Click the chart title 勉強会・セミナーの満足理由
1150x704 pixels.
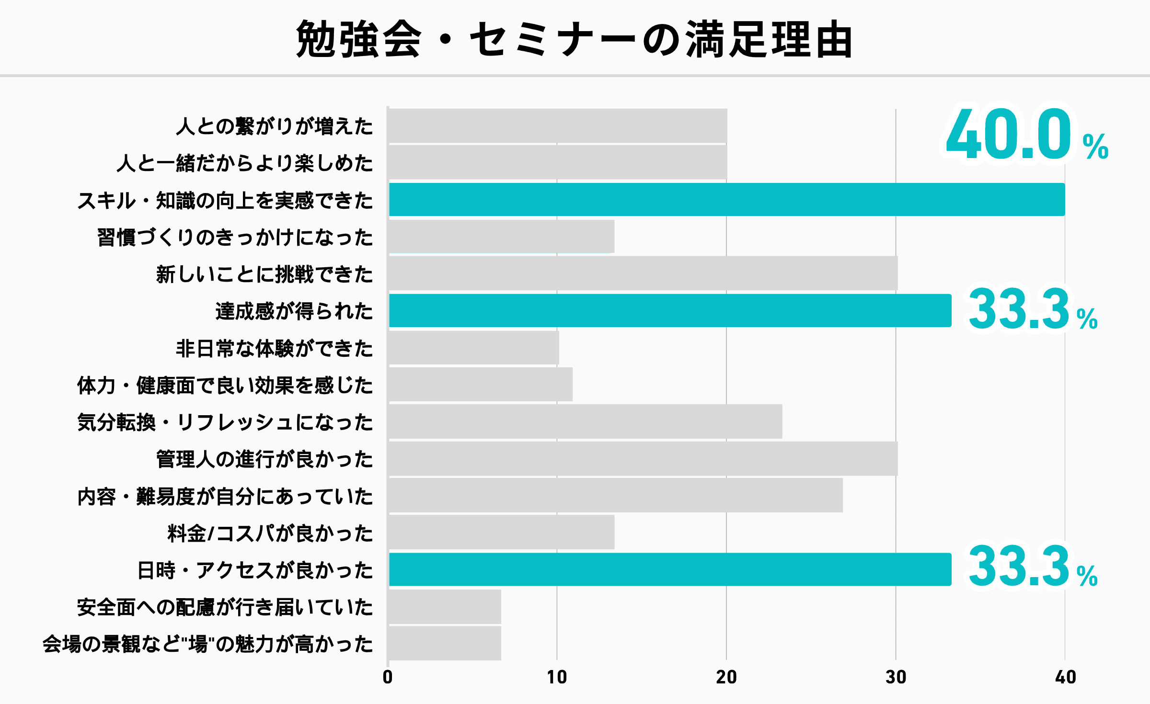574,39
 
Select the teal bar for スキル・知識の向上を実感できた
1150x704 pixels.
726,199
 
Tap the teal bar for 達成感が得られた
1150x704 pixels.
670,310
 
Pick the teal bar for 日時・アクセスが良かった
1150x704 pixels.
670,569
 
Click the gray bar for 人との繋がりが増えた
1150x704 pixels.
558,125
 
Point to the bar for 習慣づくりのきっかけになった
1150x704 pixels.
501,237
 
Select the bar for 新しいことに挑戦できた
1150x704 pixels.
643,273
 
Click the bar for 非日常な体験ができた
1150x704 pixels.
473,348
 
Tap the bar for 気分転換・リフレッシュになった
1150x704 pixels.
586,421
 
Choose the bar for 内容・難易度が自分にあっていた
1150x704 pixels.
616,495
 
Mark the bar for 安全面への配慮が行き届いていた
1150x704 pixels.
445,607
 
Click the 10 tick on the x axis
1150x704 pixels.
557,677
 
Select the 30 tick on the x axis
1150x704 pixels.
896,677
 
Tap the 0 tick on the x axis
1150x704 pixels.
388,677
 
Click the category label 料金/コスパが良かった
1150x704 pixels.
270,533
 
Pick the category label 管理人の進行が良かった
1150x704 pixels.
264,459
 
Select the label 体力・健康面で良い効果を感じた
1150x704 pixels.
225,385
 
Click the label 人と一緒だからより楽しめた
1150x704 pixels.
244,163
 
